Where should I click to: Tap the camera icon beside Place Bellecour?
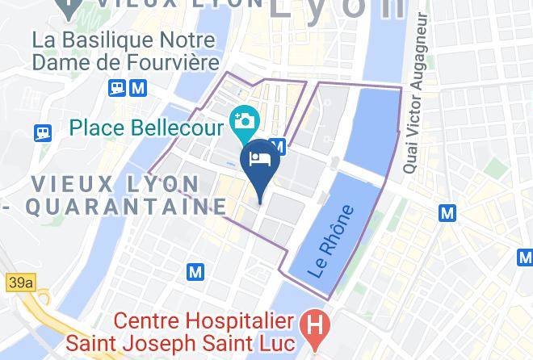(243, 121)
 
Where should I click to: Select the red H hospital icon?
(312, 327)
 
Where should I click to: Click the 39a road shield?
(21, 283)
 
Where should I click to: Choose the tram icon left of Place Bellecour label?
(43, 130)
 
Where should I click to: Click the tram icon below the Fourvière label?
(118, 86)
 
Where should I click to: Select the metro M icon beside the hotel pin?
(278, 146)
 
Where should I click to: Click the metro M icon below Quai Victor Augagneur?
(447, 213)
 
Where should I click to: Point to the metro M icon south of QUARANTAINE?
(195, 272)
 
